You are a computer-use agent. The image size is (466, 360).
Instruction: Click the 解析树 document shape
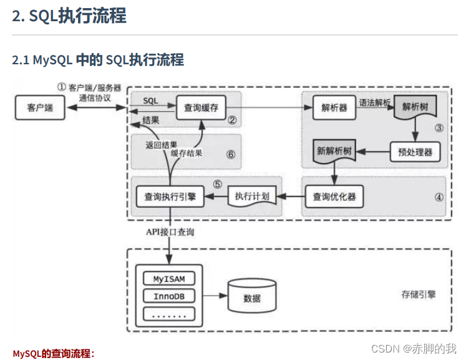(415, 107)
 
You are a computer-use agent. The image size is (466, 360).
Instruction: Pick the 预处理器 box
(410, 152)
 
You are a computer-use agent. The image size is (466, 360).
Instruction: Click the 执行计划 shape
(252, 197)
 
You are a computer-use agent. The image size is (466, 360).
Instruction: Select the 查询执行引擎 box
(170, 197)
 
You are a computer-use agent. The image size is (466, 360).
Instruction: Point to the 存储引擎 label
(419, 294)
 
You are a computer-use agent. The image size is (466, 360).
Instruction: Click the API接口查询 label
(170, 231)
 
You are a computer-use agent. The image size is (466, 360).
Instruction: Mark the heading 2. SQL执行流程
(69, 16)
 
